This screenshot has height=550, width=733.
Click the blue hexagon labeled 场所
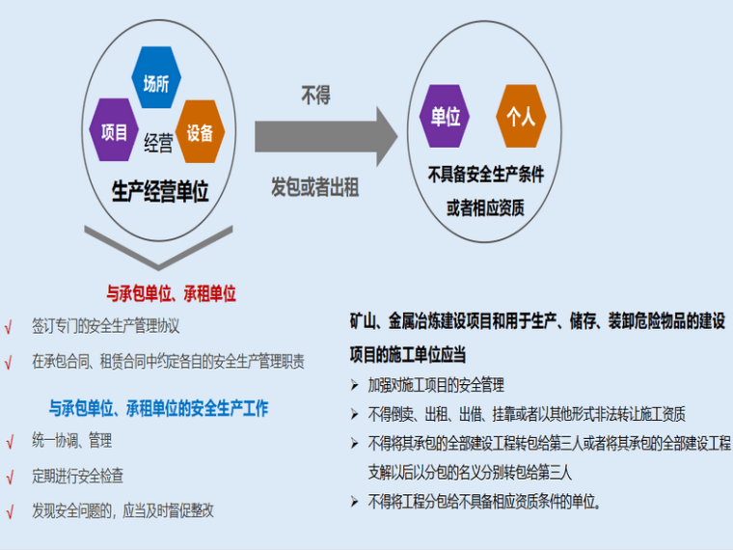156,84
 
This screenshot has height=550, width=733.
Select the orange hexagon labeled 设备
200,133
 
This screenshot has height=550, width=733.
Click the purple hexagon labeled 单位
446,117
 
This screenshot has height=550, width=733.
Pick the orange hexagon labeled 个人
521,117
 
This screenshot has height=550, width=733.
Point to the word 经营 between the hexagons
158,145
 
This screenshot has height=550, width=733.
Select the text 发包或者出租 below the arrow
315,187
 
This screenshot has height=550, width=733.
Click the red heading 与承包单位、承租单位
171,292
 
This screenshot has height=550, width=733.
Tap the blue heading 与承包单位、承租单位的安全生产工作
159,408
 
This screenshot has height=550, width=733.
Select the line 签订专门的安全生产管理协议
105,326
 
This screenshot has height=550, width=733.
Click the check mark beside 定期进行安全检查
10,477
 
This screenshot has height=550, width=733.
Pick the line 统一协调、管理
71,441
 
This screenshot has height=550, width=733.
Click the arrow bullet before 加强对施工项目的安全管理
355,385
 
